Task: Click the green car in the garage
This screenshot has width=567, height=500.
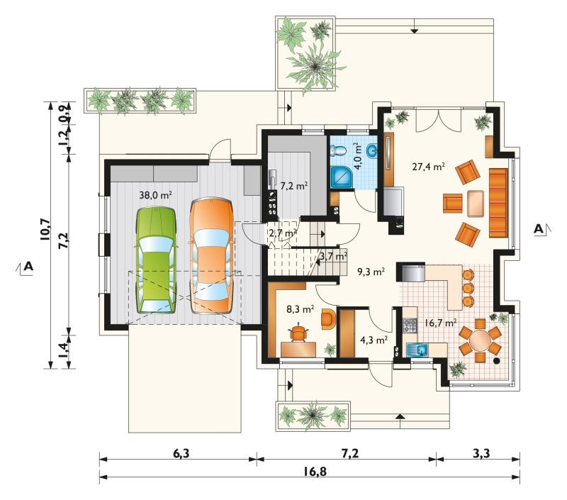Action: [156, 260]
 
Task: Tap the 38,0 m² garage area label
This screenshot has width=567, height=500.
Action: [155, 195]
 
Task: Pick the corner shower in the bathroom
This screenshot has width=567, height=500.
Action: [341, 177]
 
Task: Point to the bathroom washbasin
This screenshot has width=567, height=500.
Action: [371, 150]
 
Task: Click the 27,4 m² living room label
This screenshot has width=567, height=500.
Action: [428, 167]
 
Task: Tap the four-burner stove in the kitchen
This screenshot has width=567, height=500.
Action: [410, 325]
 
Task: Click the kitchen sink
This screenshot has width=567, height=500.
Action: [417, 350]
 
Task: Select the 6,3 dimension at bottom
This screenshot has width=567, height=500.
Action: [181, 452]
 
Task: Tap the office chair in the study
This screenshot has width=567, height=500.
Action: [298, 333]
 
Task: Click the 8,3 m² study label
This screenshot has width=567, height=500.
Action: [300, 309]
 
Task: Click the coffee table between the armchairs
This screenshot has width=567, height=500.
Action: [476, 203]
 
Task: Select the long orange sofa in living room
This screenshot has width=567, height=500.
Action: [498, 202]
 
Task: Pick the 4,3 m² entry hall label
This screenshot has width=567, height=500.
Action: [374, 340]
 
